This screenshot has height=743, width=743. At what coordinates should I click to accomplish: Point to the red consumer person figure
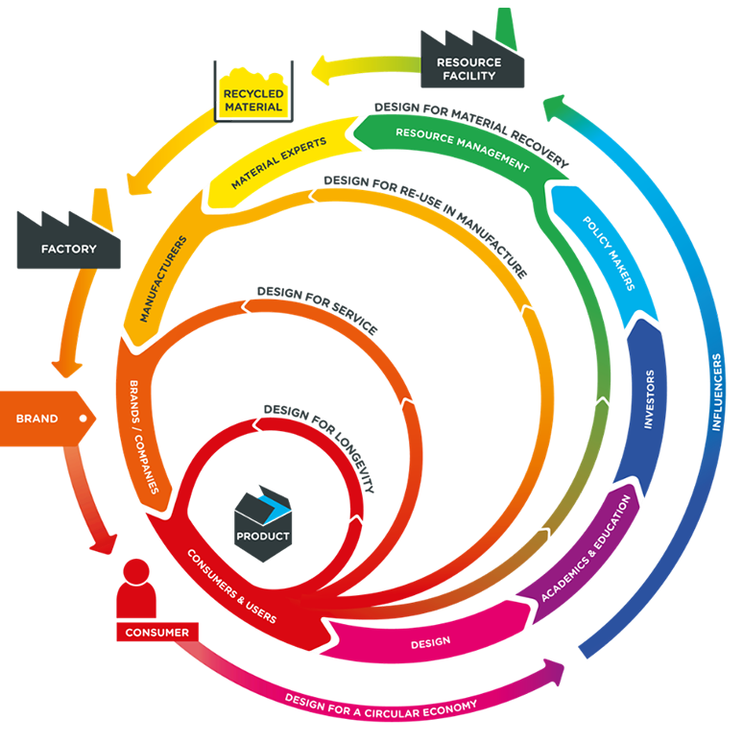[136, 591]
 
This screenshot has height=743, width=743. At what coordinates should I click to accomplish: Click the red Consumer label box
[157, 633]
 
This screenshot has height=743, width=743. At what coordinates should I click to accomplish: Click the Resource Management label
[461, 149]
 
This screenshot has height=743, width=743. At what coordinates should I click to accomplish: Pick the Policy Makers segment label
[609, 252]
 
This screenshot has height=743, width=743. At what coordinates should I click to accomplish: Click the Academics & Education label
[587, 547]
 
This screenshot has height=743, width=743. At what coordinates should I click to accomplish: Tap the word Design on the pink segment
[430, 642]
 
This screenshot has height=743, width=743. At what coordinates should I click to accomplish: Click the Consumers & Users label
[229, 585]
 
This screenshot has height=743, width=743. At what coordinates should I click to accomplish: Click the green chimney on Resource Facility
[504, 25]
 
